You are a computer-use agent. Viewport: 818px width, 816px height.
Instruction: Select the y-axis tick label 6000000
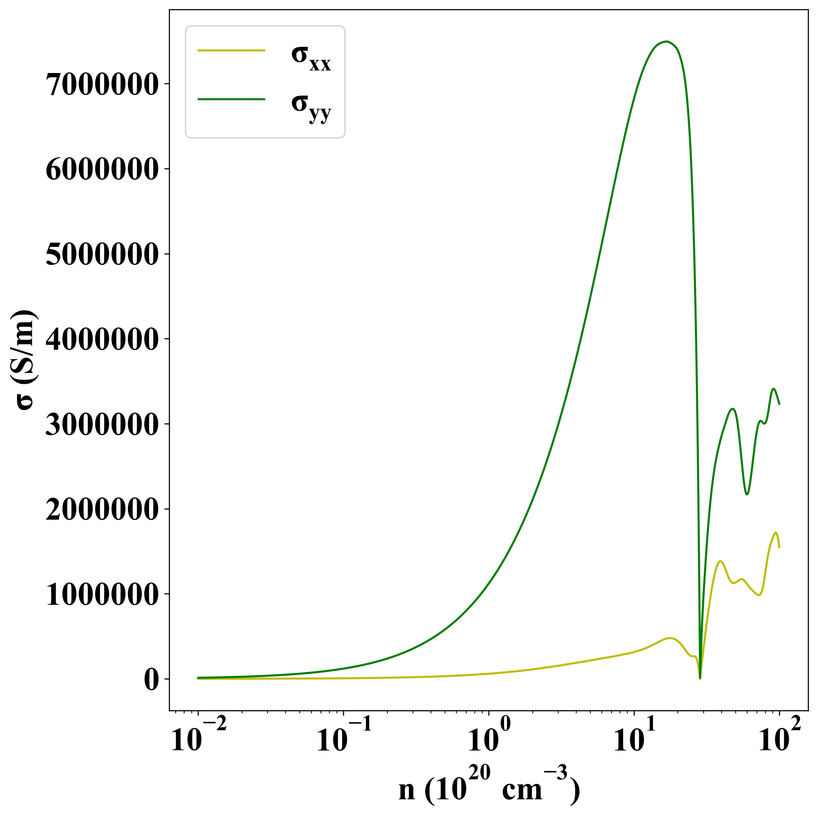pyautogui.click(x=101, y=169)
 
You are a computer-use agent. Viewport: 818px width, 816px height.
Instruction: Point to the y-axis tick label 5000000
pyautogui.click(x=101, y=254)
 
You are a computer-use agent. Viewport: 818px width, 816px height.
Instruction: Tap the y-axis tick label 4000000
pyautogui.click(x=101, y=339)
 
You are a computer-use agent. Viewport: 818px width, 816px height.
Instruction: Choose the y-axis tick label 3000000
pyautogui.click(x=101, y=424)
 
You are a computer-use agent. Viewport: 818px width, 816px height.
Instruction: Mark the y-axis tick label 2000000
pyautogui.click(x=101, y=510)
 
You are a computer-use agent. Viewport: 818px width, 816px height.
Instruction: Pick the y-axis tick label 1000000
pyautogui.click(x=101, y=595)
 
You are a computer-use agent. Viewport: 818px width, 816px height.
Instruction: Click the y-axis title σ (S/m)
pyautogui.click(x=26, y=360)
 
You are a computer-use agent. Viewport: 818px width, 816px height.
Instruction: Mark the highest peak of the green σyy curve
pyautogui.click(x=666, y=42)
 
